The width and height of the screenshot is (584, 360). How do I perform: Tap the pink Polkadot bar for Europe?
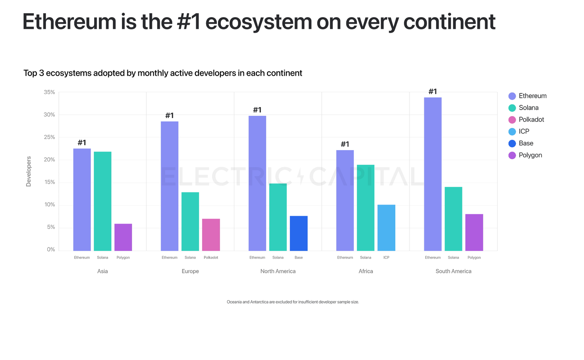[x=211, y=235]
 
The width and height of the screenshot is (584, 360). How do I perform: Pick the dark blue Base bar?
[x=299, y=233]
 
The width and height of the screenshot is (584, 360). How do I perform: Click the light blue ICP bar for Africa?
[x=386, y=228]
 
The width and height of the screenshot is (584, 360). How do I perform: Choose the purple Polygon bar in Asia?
[x=123, y=237]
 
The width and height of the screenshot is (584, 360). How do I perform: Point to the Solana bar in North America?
[x=278, y=217]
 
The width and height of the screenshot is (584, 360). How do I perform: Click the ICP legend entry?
[x=523, y=132]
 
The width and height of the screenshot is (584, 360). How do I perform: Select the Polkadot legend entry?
[x=531, y=120]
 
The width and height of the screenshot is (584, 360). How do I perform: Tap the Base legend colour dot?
[x=512, y=144]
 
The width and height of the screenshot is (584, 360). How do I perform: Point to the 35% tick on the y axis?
[x=49, y=92]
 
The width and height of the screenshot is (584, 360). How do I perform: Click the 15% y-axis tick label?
[x=49, y=182]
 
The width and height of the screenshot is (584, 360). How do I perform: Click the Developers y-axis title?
[x=28, y=171]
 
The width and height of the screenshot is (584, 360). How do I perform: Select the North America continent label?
[x=278, y=271]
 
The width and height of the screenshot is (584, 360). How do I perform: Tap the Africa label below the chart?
[x=366, y=271]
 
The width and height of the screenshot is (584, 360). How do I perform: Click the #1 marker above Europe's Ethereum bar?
[x=169, y=116]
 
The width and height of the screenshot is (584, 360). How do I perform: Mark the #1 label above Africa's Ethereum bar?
[x=345, y=144]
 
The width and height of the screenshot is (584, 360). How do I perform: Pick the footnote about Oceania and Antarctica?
[x=293, y=302]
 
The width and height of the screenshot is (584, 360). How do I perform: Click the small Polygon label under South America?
[x=474, y=258]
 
